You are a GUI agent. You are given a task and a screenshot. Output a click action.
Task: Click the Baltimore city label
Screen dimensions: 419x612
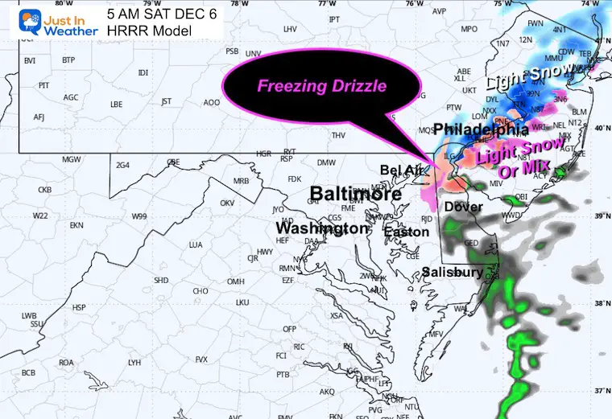(x=355, y=194)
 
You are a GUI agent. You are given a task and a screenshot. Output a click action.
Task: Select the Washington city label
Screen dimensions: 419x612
(x=322, y=228)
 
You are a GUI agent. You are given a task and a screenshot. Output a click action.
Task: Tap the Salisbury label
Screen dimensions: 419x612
(x=453, y=273)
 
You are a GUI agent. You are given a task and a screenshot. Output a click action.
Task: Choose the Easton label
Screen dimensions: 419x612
(x=400, y=232)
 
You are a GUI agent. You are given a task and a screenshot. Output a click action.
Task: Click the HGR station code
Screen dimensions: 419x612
(x=263, y=153)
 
